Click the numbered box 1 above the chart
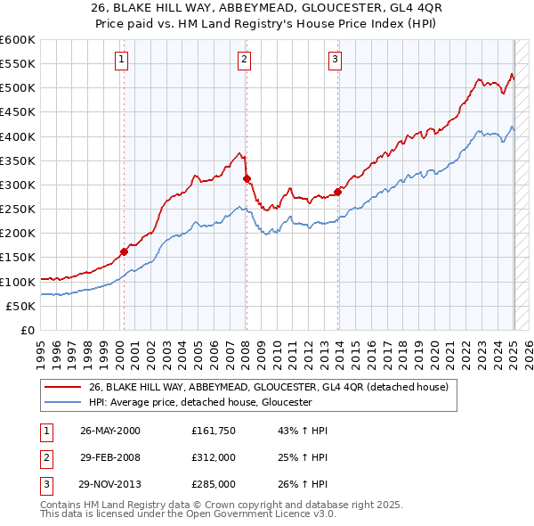(120, 60)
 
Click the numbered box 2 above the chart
(243, 60)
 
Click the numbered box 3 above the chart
(335, 60)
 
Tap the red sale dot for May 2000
(124, 251)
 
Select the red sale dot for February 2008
(247, 178)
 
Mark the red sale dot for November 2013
(338, 192)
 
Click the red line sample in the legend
(64, 387)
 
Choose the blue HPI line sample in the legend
(64, 402)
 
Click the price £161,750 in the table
(213, 430)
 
